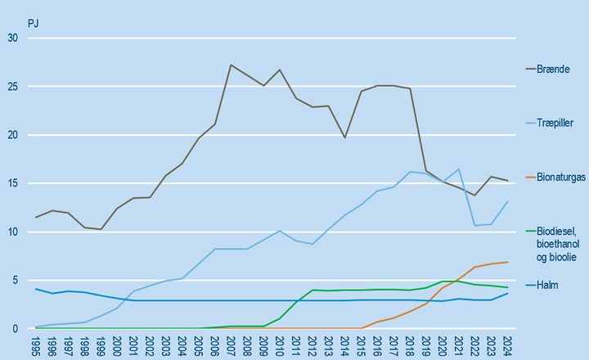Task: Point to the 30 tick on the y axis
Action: coord(11,38)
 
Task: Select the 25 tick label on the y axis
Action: coord(11,86)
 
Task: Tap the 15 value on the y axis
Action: coord(11,183)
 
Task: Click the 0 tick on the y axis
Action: coord(15,329)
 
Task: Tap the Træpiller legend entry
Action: coord(556,121)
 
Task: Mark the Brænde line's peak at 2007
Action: coord(231,65)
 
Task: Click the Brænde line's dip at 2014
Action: coord(344,137)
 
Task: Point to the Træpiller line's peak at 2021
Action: coord(458,169)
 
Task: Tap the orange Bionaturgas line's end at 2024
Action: coord(507,262)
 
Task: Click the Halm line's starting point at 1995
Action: coord(36,289)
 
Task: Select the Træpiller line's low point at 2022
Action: coord(474,225)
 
